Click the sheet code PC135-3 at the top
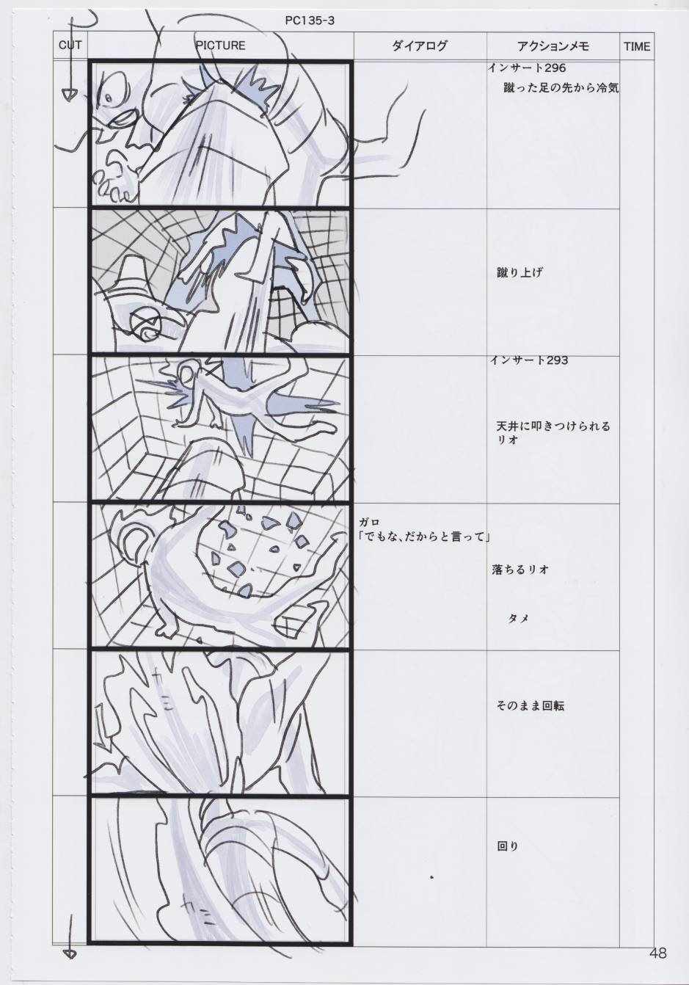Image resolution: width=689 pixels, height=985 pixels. [x=310, y=21]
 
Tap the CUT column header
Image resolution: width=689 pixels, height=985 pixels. [x=70, y=46]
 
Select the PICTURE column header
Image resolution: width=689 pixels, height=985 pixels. [x=220, y=46]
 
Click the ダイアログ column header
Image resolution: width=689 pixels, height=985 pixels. [x=419, y=46]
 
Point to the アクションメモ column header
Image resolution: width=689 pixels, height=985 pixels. [x=553, y=46]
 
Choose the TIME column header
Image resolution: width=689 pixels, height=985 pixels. [x=636, y=46]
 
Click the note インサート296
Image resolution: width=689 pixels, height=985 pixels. [x=527, y=68]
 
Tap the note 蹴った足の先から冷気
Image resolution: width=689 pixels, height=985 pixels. [x=561, y=88]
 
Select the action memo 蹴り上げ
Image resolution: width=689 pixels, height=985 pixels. [x=520, y=273]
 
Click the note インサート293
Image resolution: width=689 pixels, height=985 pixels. [x=529, y=360]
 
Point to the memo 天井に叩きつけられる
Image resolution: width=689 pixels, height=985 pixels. [x=553, y=426]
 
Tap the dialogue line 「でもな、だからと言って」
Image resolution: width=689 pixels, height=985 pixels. [x=424, y=537]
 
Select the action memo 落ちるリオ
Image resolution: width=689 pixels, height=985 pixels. [x=520, y=570]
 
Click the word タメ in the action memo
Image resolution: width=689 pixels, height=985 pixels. [x=518, y=618]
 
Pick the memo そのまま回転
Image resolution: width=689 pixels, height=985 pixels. [x=531, y=706]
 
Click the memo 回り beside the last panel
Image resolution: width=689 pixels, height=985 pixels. [x=508, y=846]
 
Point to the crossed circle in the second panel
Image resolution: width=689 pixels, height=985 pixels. [x=145, y=319]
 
